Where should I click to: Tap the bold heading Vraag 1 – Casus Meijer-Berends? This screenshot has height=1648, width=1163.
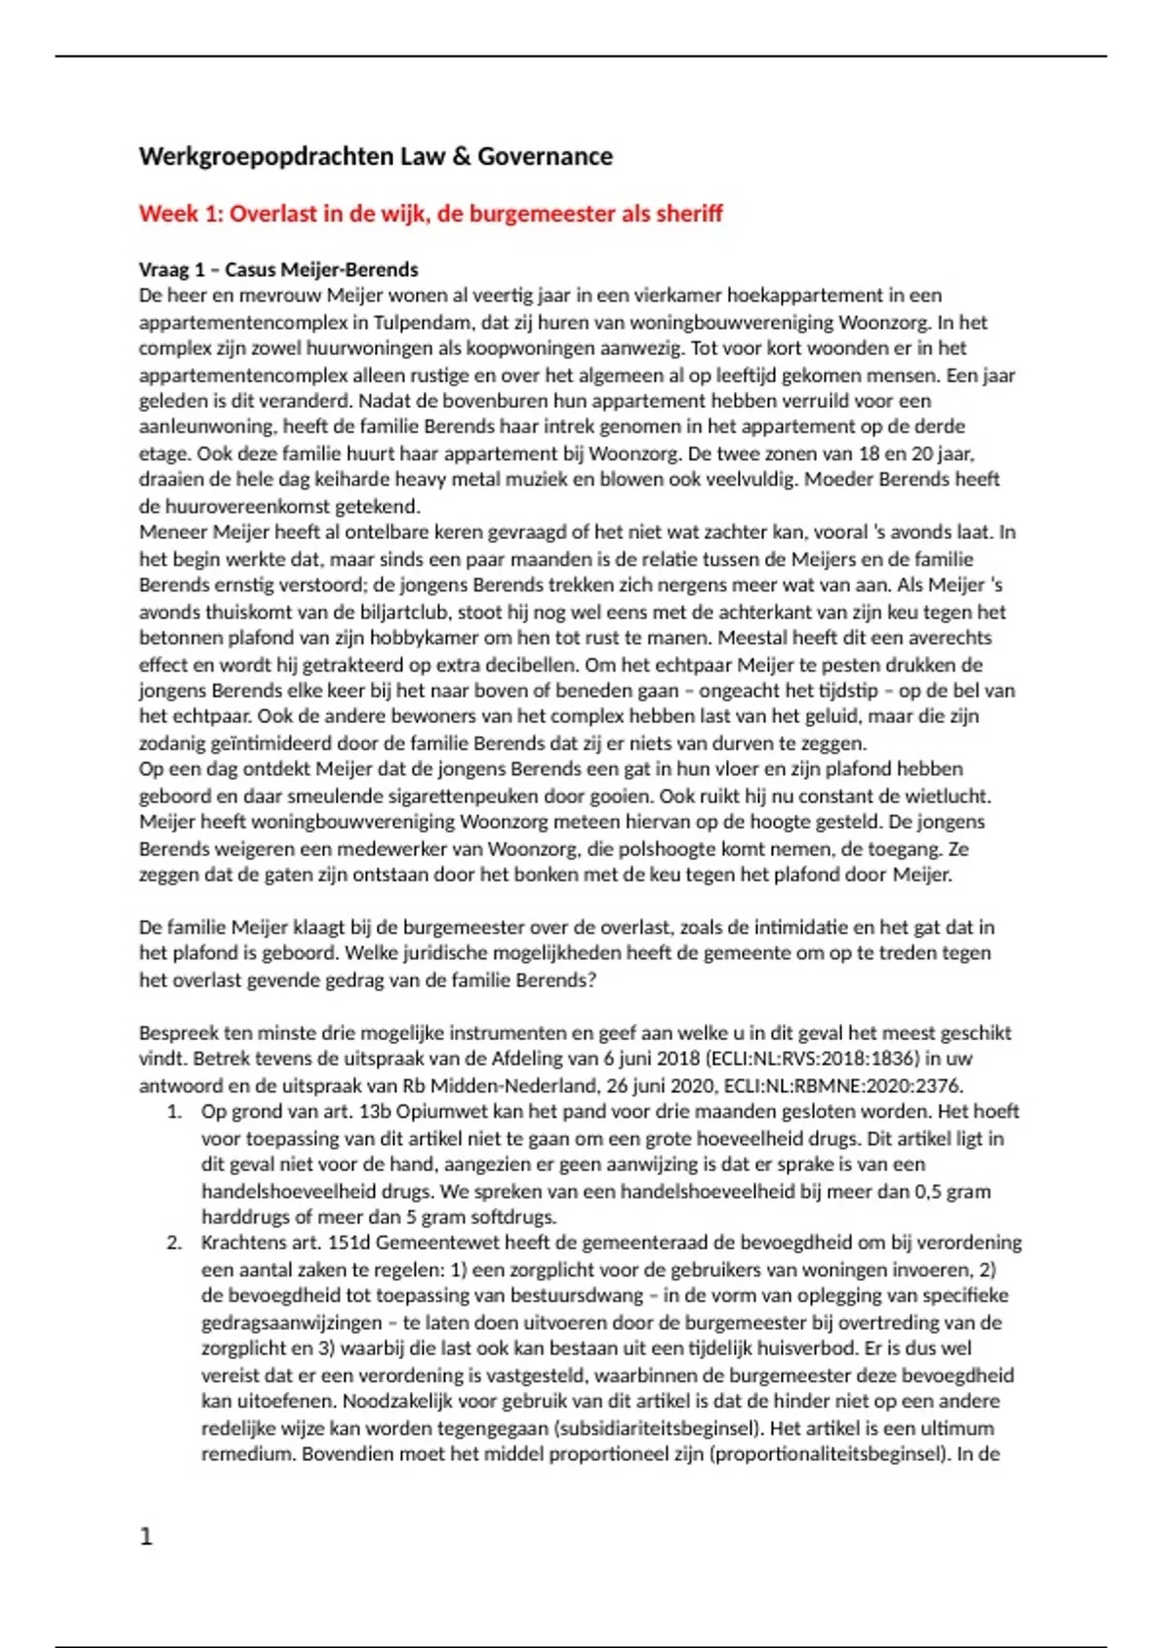[x=278, y=269]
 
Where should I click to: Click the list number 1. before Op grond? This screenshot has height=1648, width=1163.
[x=174, y=1112]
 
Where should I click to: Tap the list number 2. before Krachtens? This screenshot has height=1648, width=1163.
[x=174, y=1243]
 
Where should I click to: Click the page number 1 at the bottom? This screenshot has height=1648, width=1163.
[x=146, y=1537]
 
